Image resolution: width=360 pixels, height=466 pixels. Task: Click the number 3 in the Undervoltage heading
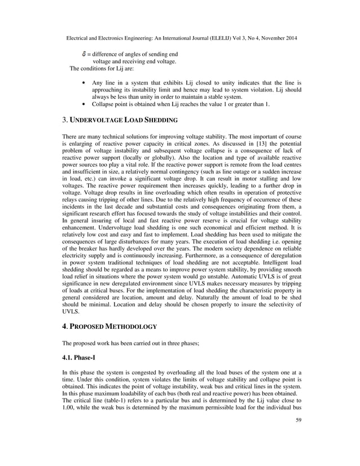pyautogui.click(x=64, y=120)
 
